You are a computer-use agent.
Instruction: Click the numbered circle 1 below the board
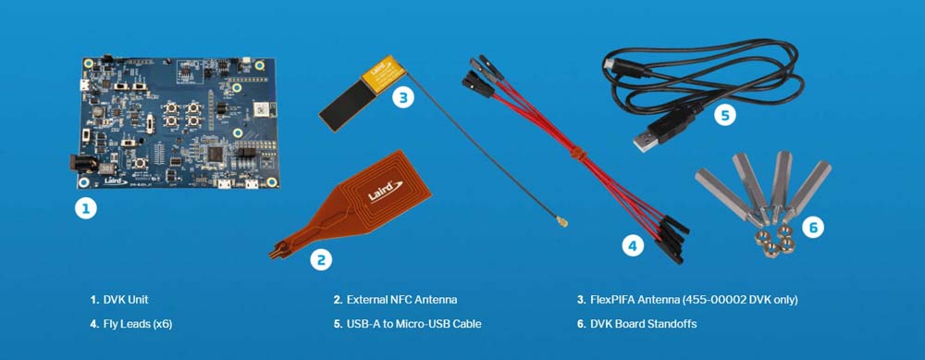point(85,207)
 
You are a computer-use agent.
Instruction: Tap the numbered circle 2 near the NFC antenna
point(321,259)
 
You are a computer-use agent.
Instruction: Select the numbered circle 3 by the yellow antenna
point(403,97)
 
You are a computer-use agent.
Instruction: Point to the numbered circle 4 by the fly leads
point(633,245)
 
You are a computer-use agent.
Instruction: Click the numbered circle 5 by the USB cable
point(725,115)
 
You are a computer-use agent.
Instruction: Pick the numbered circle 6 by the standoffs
point(813,228)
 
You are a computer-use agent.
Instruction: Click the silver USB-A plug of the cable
point(646,142)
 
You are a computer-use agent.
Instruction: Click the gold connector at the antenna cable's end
point(561,222)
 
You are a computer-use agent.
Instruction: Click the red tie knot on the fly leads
point(578,155)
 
